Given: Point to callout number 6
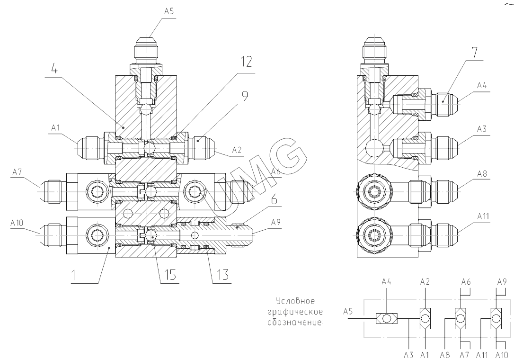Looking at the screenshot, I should pyautogui.click(x=274, y=200).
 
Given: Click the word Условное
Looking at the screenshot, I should pyautogui.click(x=295, y=301).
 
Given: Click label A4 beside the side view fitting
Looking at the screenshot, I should pyautogui.click(x=482, y=86).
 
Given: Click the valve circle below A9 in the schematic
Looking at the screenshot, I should pyautogui.click(x=496, y=318).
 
